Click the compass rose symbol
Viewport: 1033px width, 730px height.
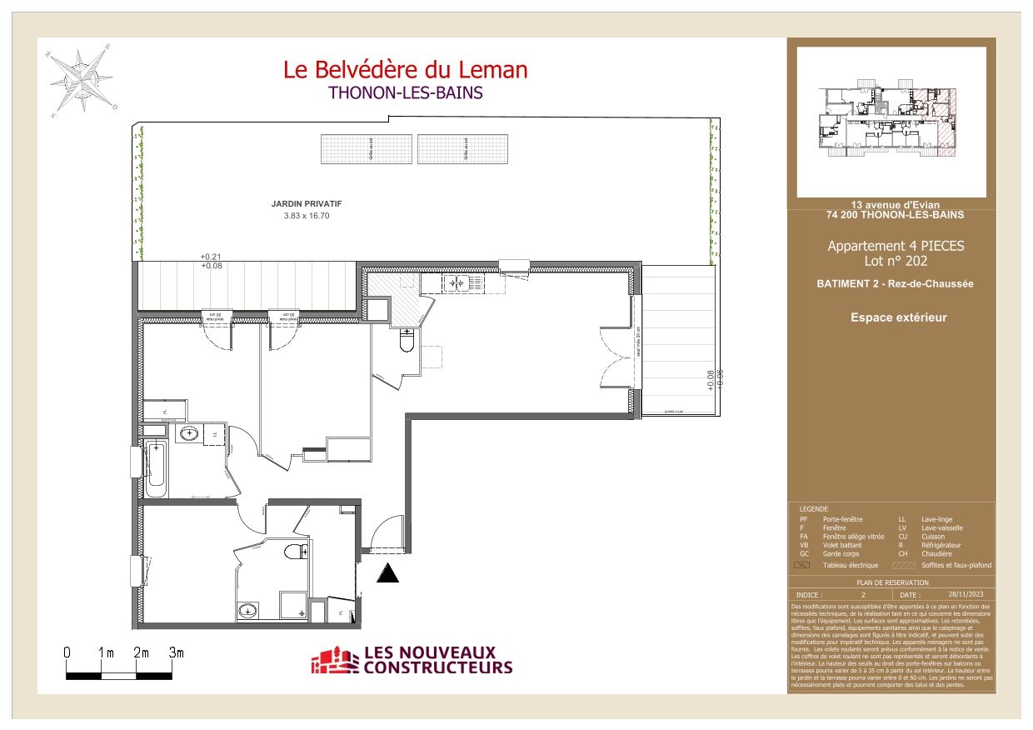coord(82,82)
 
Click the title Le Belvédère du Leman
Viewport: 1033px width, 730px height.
coord(405,70)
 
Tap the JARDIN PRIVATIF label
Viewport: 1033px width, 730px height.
coord(307,203)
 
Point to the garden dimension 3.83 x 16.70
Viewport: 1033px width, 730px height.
coord(307,216)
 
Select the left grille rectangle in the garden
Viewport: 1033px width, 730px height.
coord(367,149)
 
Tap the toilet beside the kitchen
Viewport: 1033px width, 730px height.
coord(407,341)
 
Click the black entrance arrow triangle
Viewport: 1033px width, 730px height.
coord(388,572)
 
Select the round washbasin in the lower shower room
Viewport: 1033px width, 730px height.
coord(247,612)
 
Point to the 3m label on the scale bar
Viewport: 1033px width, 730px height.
coord(176,652)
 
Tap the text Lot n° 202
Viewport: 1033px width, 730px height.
coord(896,261)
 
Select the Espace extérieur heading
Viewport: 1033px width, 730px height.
coord(898,317)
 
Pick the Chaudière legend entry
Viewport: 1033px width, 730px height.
coord(937,554)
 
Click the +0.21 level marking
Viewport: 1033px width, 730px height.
coord(211,257)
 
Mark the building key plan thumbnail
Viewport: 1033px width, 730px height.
coord(891,122)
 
